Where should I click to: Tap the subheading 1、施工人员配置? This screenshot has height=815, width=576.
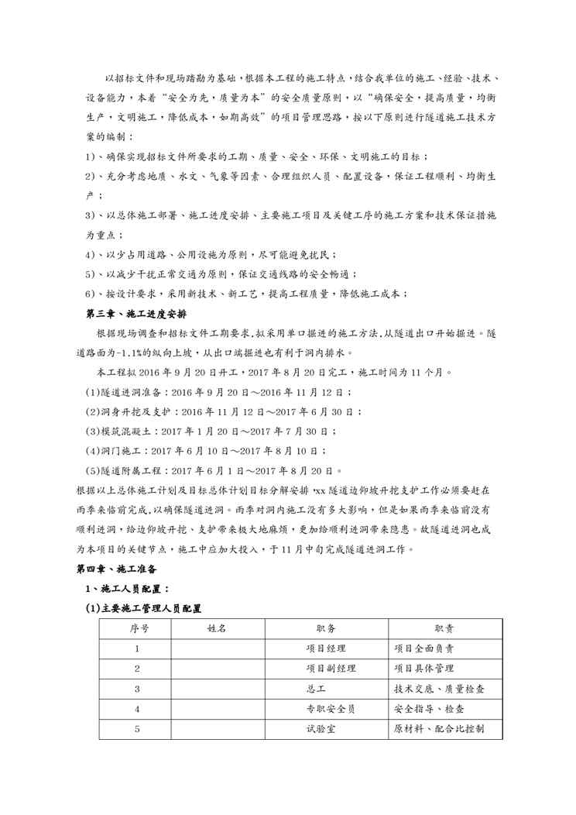tap(129, 589)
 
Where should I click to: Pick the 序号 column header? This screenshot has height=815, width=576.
tap(138, 628)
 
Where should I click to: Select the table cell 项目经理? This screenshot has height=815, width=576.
tap(326, 648)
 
